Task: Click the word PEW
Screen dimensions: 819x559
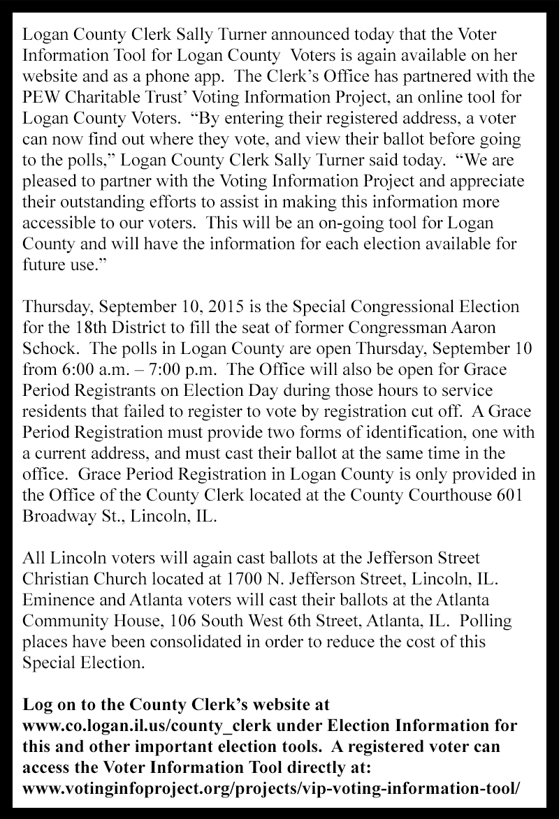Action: [x=41, y=90]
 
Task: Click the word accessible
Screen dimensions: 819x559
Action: [x=59, y=233]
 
